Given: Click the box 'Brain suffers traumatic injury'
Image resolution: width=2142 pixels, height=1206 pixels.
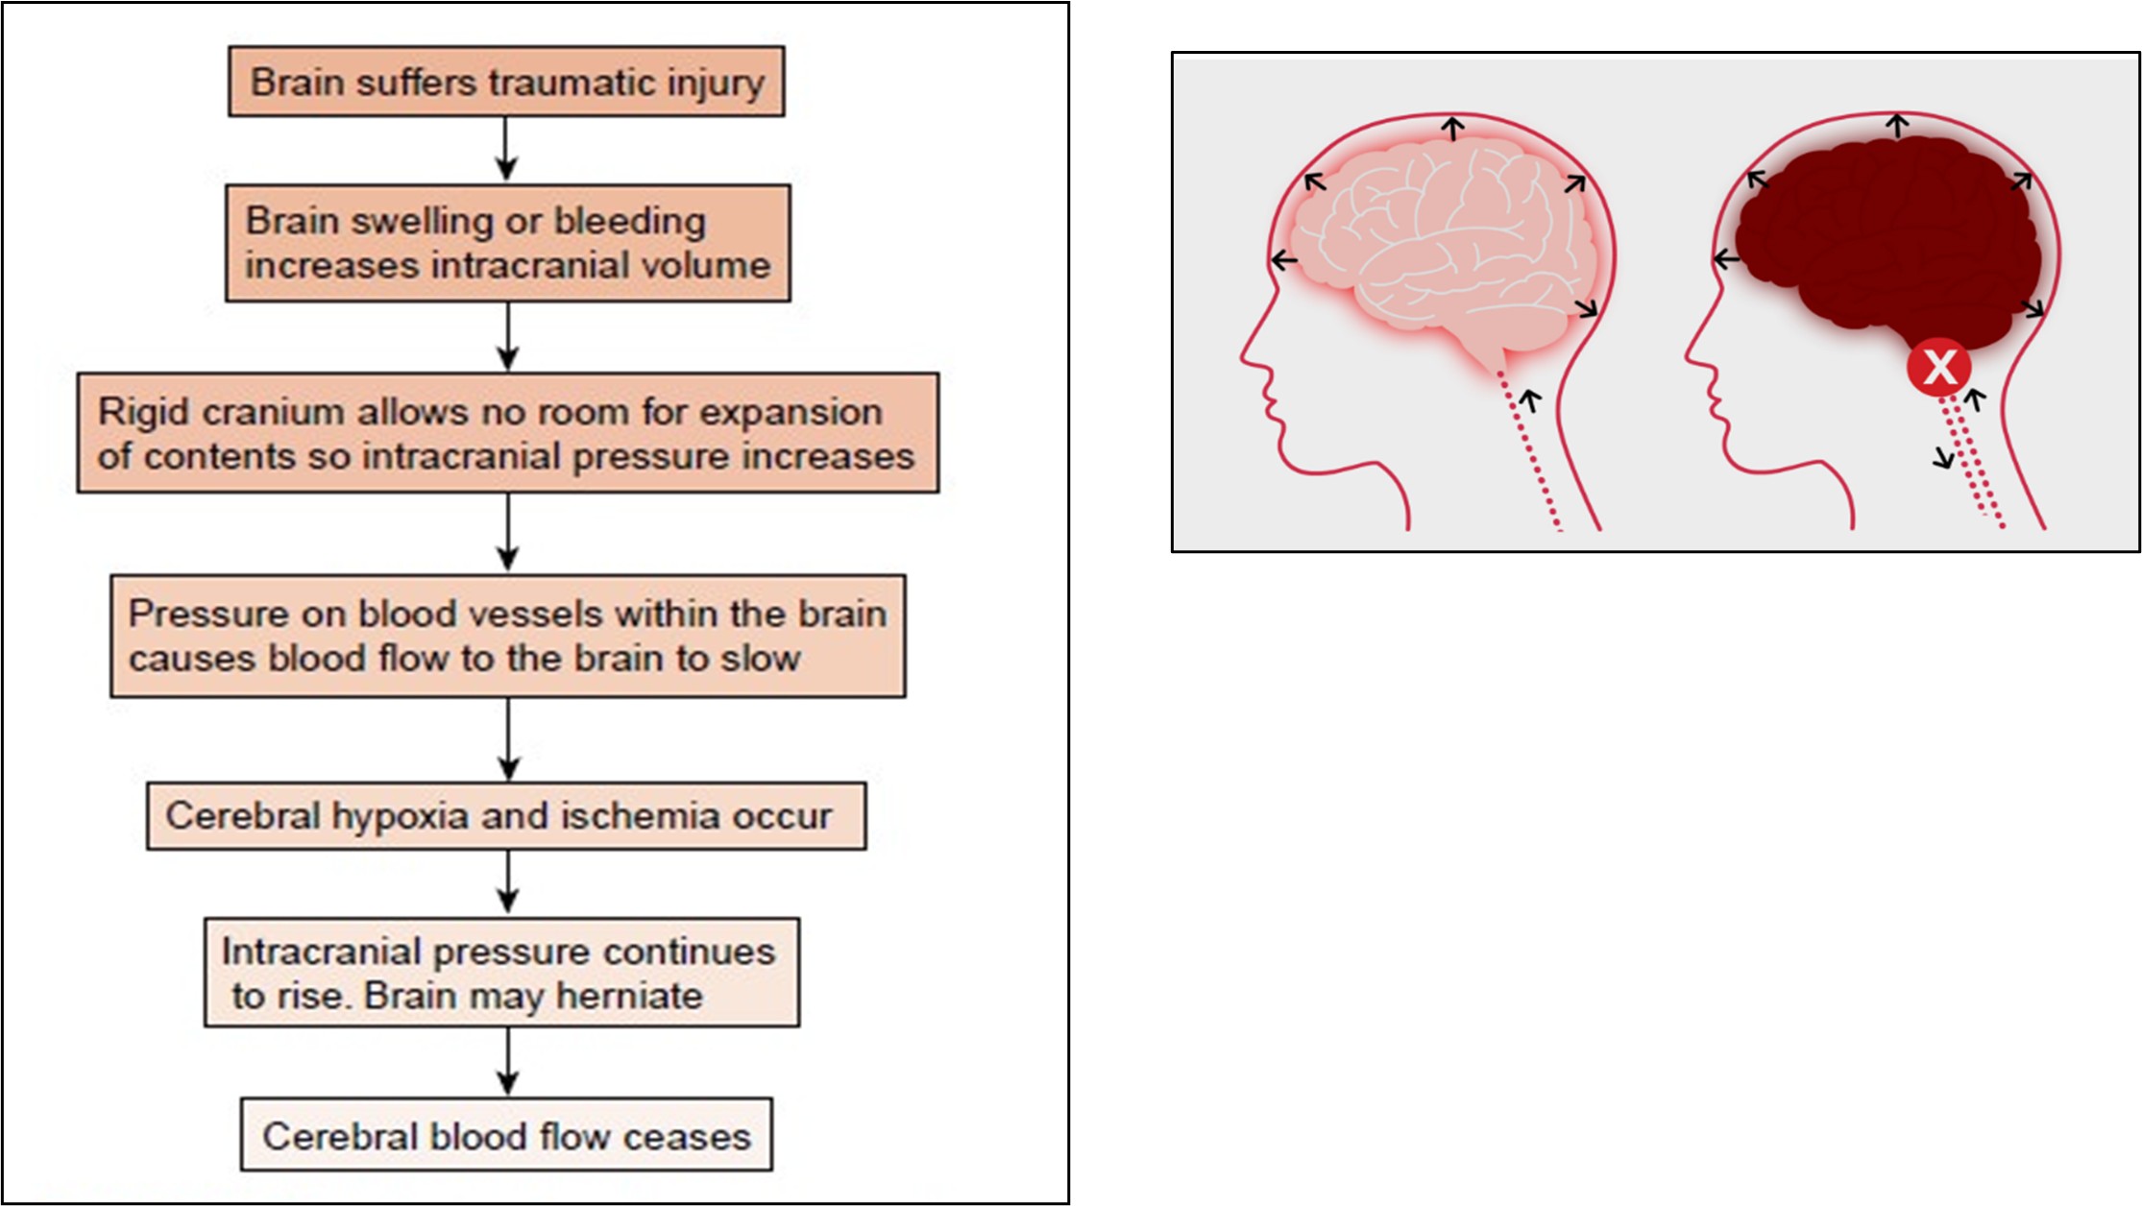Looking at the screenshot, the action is (x=506, y=82).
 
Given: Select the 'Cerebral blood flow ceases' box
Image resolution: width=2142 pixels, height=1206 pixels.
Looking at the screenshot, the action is (x=506, y=1135).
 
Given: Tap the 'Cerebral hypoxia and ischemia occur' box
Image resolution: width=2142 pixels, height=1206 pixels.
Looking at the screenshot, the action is (x=506, y=815).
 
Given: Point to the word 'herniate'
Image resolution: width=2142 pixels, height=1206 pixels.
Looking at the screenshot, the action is (x=630, y=996).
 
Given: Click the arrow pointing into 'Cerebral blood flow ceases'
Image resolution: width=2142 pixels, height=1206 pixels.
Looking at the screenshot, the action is (x=507, y=1062).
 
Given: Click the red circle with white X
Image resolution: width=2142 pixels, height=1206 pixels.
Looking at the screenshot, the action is (x=1939, y=367).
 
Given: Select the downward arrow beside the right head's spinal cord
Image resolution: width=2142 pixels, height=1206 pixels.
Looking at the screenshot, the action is (x=1945, y=457).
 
